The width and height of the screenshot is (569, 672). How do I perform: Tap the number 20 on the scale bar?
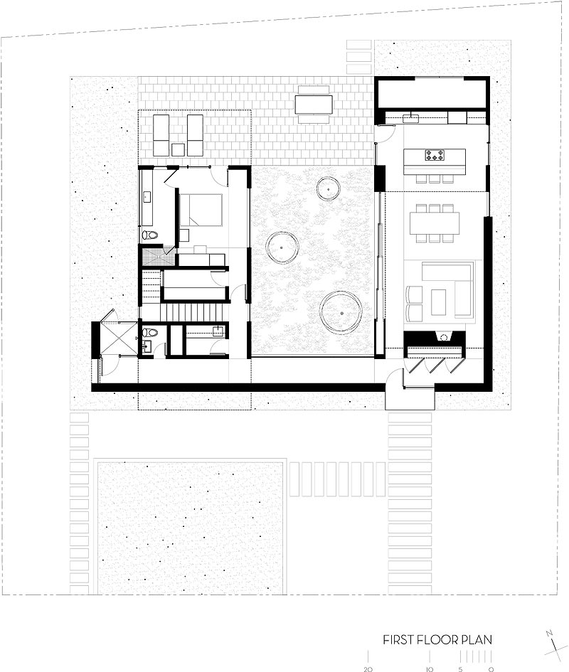coord(368,669)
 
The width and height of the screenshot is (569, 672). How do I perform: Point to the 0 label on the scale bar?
coord(491,669)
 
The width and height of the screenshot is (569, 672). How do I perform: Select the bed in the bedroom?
coord(201,210)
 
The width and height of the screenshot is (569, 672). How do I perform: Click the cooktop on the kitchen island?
coord(435,155)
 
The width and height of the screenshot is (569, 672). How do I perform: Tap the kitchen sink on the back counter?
coord(413,117)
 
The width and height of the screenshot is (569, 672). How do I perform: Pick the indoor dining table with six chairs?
coord(435,223)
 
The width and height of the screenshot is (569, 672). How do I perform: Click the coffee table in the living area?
coord(438,302)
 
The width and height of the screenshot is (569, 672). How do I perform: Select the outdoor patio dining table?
coord(314,104)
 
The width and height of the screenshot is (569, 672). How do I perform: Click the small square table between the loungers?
coord(178,149)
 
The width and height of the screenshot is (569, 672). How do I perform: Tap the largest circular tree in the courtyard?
coord(341,313)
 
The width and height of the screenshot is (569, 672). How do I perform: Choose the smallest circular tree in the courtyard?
coord(329,188)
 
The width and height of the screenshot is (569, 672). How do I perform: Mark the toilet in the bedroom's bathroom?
coord(150,235)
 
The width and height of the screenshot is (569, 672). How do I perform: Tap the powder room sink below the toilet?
coord(147,346)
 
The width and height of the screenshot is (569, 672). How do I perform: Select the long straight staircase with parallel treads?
coord(193,312)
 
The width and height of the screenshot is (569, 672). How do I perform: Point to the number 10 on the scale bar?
coord(429,669)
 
